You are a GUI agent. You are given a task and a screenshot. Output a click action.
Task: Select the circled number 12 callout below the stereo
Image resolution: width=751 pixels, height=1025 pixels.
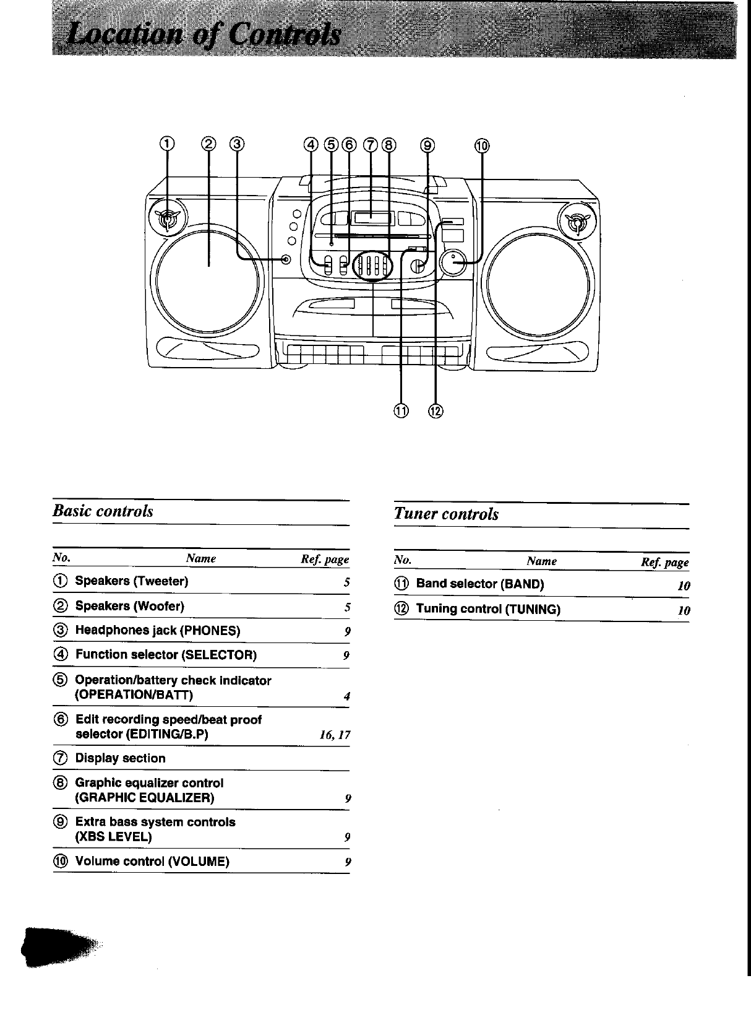436,410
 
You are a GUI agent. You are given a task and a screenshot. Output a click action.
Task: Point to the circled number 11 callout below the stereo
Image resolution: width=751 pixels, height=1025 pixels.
401,410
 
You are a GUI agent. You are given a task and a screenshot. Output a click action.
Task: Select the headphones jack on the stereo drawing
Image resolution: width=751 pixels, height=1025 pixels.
286,259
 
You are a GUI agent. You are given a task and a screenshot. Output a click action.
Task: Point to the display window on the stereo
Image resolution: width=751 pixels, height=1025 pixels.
371,217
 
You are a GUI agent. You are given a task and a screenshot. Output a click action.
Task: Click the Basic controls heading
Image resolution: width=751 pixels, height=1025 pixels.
103,511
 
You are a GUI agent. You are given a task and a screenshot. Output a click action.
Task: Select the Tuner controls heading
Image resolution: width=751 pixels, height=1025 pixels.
446,514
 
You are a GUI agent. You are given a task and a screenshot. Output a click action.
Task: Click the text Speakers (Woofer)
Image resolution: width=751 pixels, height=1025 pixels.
130,606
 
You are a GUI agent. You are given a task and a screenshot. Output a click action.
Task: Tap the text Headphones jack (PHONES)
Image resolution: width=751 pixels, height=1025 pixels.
158,631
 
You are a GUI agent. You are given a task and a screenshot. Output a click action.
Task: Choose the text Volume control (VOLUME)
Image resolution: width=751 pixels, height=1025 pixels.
152,862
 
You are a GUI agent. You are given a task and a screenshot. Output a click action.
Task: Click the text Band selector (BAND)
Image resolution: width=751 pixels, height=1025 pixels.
480,584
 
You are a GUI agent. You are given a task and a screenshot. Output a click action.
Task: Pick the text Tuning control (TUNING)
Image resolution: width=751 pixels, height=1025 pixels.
488,609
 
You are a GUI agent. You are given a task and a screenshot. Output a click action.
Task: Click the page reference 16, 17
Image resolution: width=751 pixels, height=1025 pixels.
335,735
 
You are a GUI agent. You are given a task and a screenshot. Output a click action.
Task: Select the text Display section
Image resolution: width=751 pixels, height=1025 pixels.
121,758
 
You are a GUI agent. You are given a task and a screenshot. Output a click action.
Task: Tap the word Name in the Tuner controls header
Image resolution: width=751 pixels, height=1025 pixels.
541,561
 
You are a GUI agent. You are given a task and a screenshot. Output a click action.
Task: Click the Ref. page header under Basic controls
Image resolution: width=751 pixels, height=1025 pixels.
325,560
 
